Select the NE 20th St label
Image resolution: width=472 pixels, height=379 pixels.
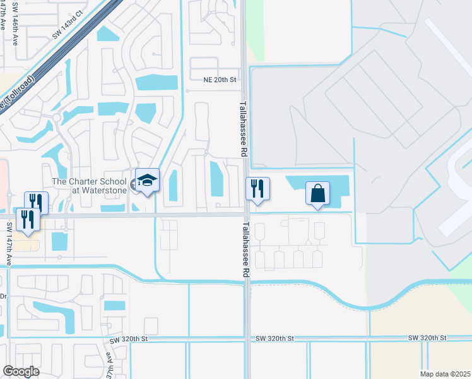pyautogui.click(x=219, y=80)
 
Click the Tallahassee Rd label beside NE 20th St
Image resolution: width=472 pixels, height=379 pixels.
pyautogui.click(x=242, y=129)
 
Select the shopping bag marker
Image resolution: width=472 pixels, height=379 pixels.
pyautogui.click(x=318, y=193)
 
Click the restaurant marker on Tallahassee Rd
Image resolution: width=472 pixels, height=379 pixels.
pyautogui.click(x=257, y=189)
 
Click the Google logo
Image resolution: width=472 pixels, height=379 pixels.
pyautogui.click(x=21, y=371)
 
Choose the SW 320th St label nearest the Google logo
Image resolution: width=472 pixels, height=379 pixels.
pyautogui.click(x=132, y=339)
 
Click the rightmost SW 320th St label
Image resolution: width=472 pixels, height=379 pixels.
pyautogui.click(x=427, y=338)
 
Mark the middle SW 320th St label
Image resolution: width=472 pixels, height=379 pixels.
pyautogui.click(x=275, y=339)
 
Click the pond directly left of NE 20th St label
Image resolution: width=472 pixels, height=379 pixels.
pyautogui.click(x=156, y=82)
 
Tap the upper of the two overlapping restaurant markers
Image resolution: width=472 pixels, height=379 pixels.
pyautogui.click(x=37, y=202)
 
